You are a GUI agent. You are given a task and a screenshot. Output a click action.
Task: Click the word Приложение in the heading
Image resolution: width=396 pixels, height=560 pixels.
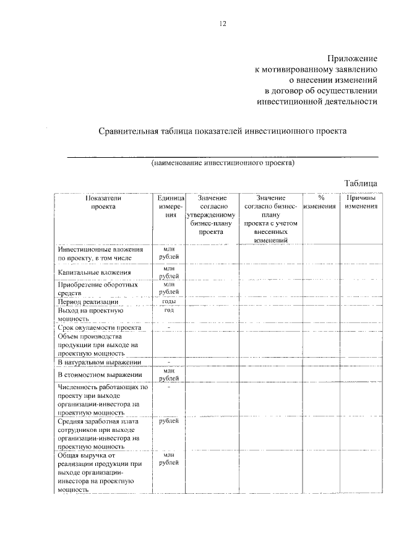[351, 57]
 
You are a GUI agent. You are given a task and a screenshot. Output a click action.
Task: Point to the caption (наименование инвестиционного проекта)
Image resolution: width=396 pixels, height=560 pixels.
[223, 164]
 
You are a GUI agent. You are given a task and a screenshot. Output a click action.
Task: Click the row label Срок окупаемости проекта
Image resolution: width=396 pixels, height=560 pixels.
[100, 327]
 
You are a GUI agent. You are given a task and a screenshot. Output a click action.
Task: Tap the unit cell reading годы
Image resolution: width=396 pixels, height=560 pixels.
[168, 301]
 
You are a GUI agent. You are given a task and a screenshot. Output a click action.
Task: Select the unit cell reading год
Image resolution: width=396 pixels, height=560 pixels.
[168, 310]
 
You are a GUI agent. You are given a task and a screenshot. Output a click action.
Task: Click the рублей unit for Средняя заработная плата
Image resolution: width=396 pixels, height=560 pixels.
[168, 421]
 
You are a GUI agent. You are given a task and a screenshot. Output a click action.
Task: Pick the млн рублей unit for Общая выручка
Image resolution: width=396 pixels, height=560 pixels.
[168, 459]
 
